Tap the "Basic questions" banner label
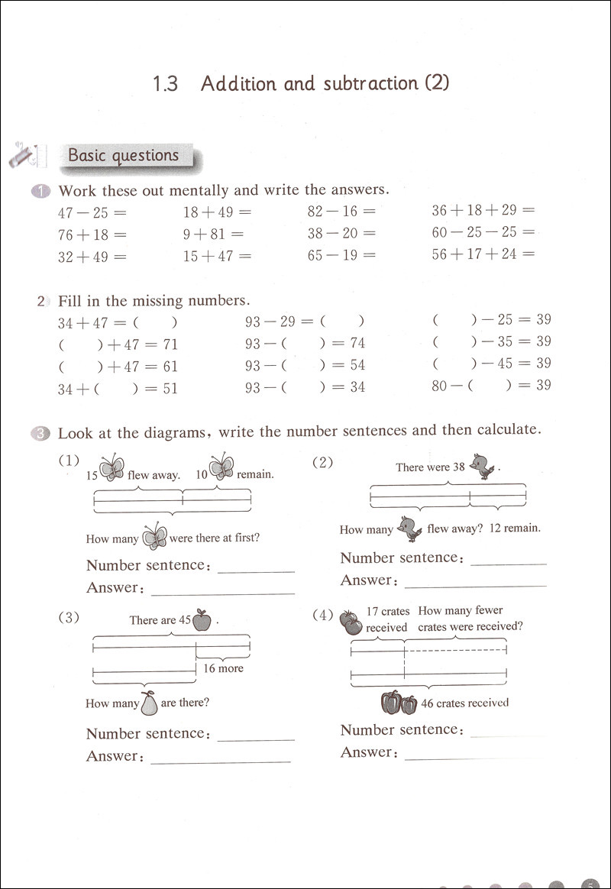pos(123,156)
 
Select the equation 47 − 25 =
pos(92,212)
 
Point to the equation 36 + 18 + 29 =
pos(483,210)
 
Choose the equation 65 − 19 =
pos(341,256)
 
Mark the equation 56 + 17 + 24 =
pos(483,254)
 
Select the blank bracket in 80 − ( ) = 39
pos(490,386)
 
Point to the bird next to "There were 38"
pos(483,467)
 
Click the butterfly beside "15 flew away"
pos(112,467)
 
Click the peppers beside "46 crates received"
pos(399,702)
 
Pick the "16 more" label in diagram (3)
pos(223,668)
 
